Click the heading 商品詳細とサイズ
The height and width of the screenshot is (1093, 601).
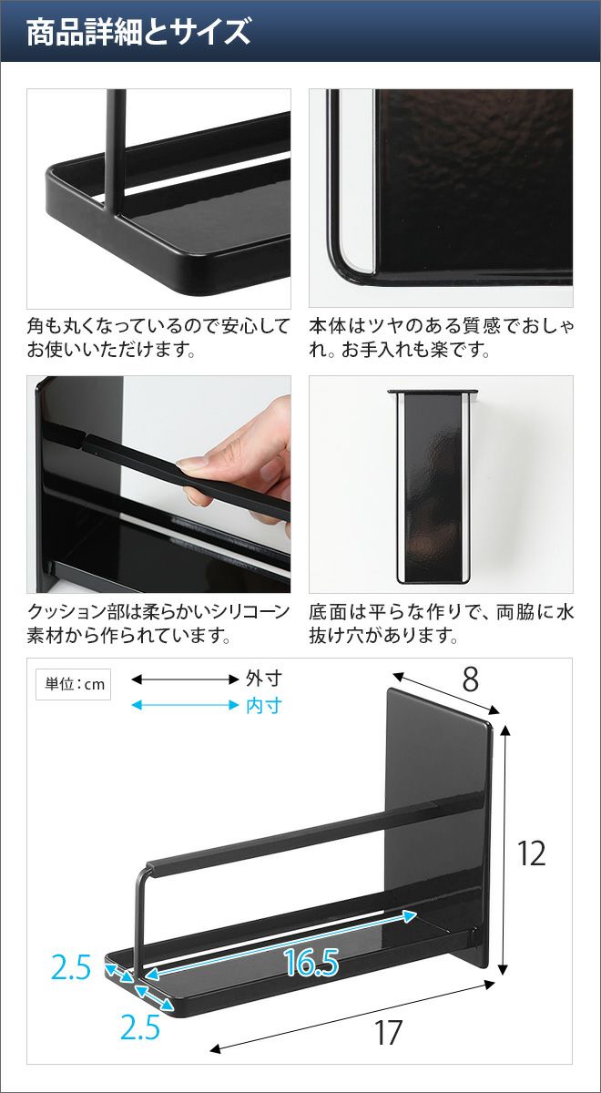[138, 32]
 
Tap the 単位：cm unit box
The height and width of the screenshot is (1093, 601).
[73, 684]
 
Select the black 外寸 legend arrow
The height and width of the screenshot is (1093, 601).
[185, 679]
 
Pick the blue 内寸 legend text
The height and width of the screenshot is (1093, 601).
[263, 706]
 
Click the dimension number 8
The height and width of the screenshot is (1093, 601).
[470, 679]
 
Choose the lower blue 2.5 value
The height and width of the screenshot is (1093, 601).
[140, 1027]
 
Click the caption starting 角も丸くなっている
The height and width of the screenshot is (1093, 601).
[158, 338]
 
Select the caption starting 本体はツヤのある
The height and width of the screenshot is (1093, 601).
[441, 338]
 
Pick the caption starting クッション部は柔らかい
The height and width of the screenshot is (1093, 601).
[158, 624]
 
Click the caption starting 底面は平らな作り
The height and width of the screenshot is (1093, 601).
[441, 624]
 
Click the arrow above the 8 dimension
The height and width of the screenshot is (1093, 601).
[446, 693]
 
